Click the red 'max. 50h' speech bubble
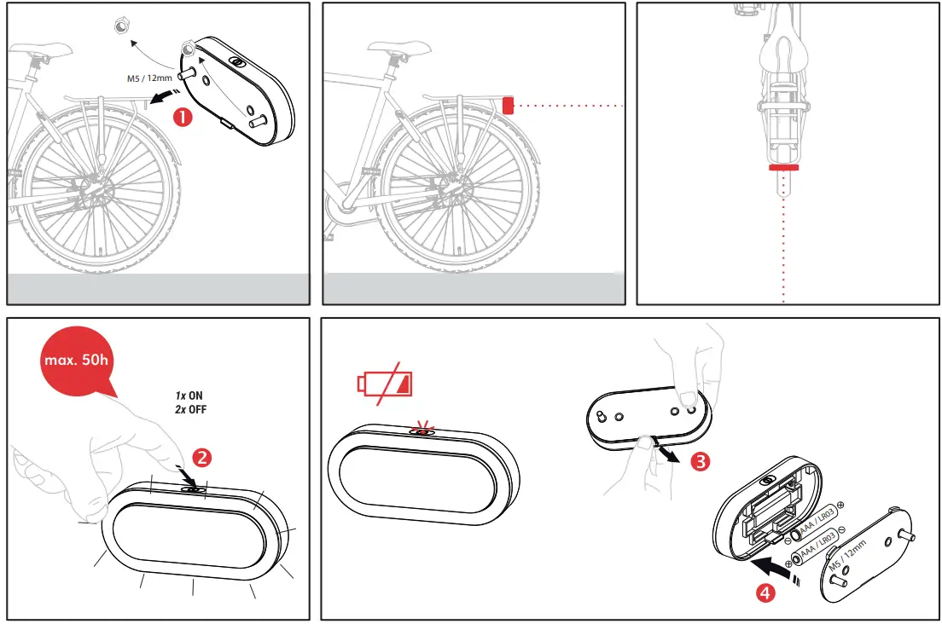point(76,359)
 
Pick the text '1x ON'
point(189,396)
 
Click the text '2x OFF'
point(189,410)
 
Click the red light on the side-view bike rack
point(508,105)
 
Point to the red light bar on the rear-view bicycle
point(783,169)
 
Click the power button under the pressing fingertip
point(195,488)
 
